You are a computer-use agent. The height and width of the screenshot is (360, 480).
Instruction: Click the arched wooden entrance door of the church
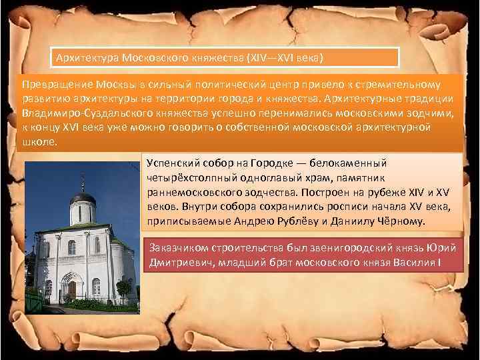(71, 288)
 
